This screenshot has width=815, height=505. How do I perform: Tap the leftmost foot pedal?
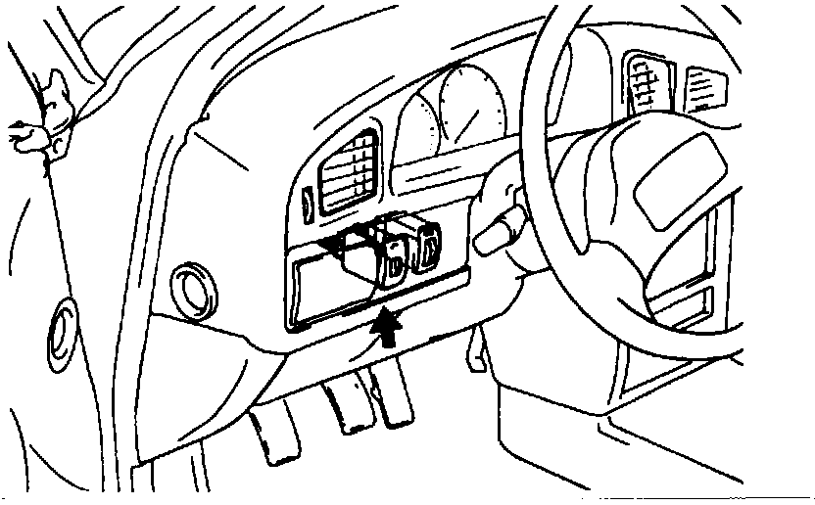274,436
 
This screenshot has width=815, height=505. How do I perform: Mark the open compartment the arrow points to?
328,284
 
